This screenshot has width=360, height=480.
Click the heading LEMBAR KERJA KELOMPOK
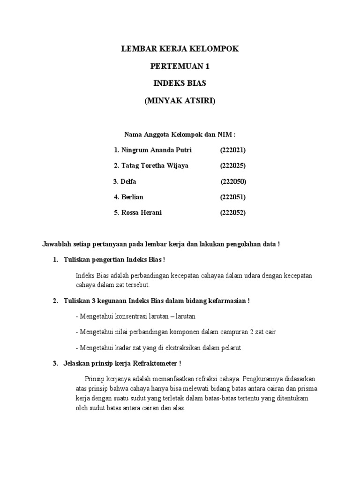(180, 49)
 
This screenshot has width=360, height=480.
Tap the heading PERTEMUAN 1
(180, 67)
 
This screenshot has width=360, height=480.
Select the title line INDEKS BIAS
(180, 83)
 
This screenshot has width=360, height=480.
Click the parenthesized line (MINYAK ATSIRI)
(180, 100)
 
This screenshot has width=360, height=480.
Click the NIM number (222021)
(233, 150)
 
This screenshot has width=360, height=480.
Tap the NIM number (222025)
(233, 166)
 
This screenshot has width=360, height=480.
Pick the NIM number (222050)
(233, 181)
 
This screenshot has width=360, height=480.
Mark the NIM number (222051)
(233, 197)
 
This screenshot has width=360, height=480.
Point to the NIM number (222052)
(233, 212)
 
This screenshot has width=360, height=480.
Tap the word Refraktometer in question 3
(156, 363)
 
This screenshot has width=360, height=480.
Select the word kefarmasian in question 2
(227, 300)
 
